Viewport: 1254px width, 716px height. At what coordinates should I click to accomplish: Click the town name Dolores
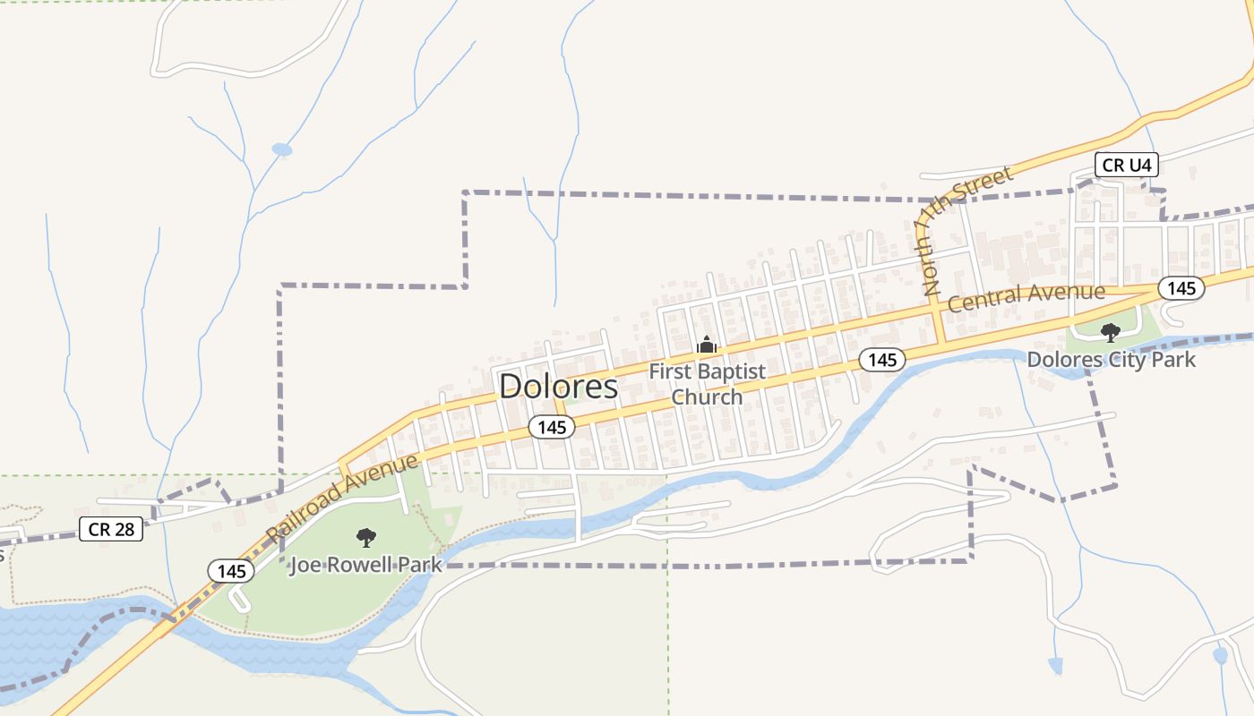[558, 386]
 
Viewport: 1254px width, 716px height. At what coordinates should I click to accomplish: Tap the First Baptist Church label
[707, 383]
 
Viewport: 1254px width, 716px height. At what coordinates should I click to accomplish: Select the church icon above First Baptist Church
[707, 345]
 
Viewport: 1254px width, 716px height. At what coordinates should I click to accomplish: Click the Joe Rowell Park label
[365, 565]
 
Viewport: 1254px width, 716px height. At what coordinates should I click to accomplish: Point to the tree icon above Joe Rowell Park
[365, 537]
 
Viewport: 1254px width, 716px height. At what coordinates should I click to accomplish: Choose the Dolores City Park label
[1111, 360]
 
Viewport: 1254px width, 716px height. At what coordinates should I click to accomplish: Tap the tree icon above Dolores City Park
[1111, 333]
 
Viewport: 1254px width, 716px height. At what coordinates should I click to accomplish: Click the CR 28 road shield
[111, 529]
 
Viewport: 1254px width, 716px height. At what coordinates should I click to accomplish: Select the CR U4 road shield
[1127, 165]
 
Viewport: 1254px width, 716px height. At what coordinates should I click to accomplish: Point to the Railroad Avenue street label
[342, 498]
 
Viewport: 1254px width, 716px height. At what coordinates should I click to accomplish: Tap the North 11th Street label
[965, 230]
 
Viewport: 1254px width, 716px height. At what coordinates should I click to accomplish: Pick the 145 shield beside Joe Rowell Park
[231, 570]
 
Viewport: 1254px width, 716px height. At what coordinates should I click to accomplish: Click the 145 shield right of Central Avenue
[1181, 288]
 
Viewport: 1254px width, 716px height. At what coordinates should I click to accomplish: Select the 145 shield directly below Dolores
[552, 427]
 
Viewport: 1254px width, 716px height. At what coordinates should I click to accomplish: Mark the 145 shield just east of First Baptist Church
[882, 360]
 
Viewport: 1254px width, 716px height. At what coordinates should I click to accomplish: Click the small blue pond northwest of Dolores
[282, 149]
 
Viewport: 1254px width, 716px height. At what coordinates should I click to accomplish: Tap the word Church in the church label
[707, 396]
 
